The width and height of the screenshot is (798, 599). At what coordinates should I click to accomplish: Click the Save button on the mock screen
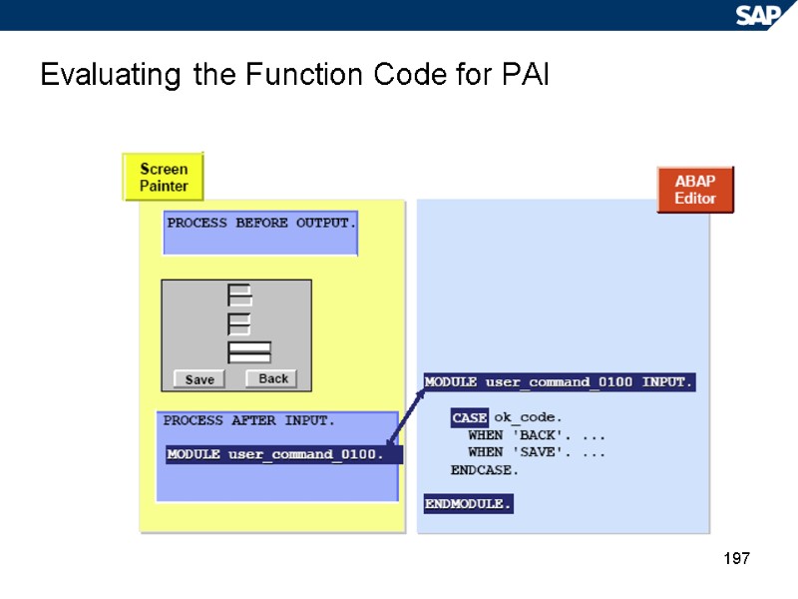199,379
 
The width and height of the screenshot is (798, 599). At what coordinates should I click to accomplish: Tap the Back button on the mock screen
272,378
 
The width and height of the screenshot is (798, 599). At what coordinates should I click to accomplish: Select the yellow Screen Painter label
163,177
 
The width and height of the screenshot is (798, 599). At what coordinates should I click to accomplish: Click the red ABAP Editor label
695,190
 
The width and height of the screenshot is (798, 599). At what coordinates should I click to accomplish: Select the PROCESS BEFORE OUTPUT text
260,223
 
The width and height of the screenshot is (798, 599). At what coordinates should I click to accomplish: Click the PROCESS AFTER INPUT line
249,420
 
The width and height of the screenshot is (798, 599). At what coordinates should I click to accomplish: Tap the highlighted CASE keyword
469,417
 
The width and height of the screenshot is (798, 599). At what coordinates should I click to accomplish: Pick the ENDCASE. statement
485,469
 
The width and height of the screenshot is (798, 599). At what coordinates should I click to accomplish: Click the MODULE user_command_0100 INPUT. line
559,382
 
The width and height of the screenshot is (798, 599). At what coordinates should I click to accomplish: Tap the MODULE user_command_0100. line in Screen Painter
275,455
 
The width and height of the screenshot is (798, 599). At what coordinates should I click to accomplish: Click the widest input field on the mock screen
249,351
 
